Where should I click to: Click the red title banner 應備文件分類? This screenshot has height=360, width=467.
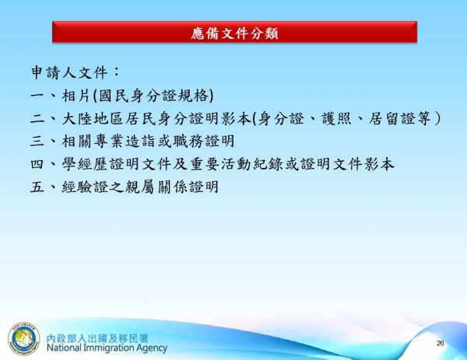pyautogui.click(x=233, y=33)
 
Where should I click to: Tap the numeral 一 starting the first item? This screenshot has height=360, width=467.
pyautogui.click(x=37, y=96)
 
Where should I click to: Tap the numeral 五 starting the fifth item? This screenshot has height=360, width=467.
pyautogui.click(x=37, y=187)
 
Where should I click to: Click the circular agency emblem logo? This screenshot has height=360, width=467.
pyautogui.click(x=23, y=338)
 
